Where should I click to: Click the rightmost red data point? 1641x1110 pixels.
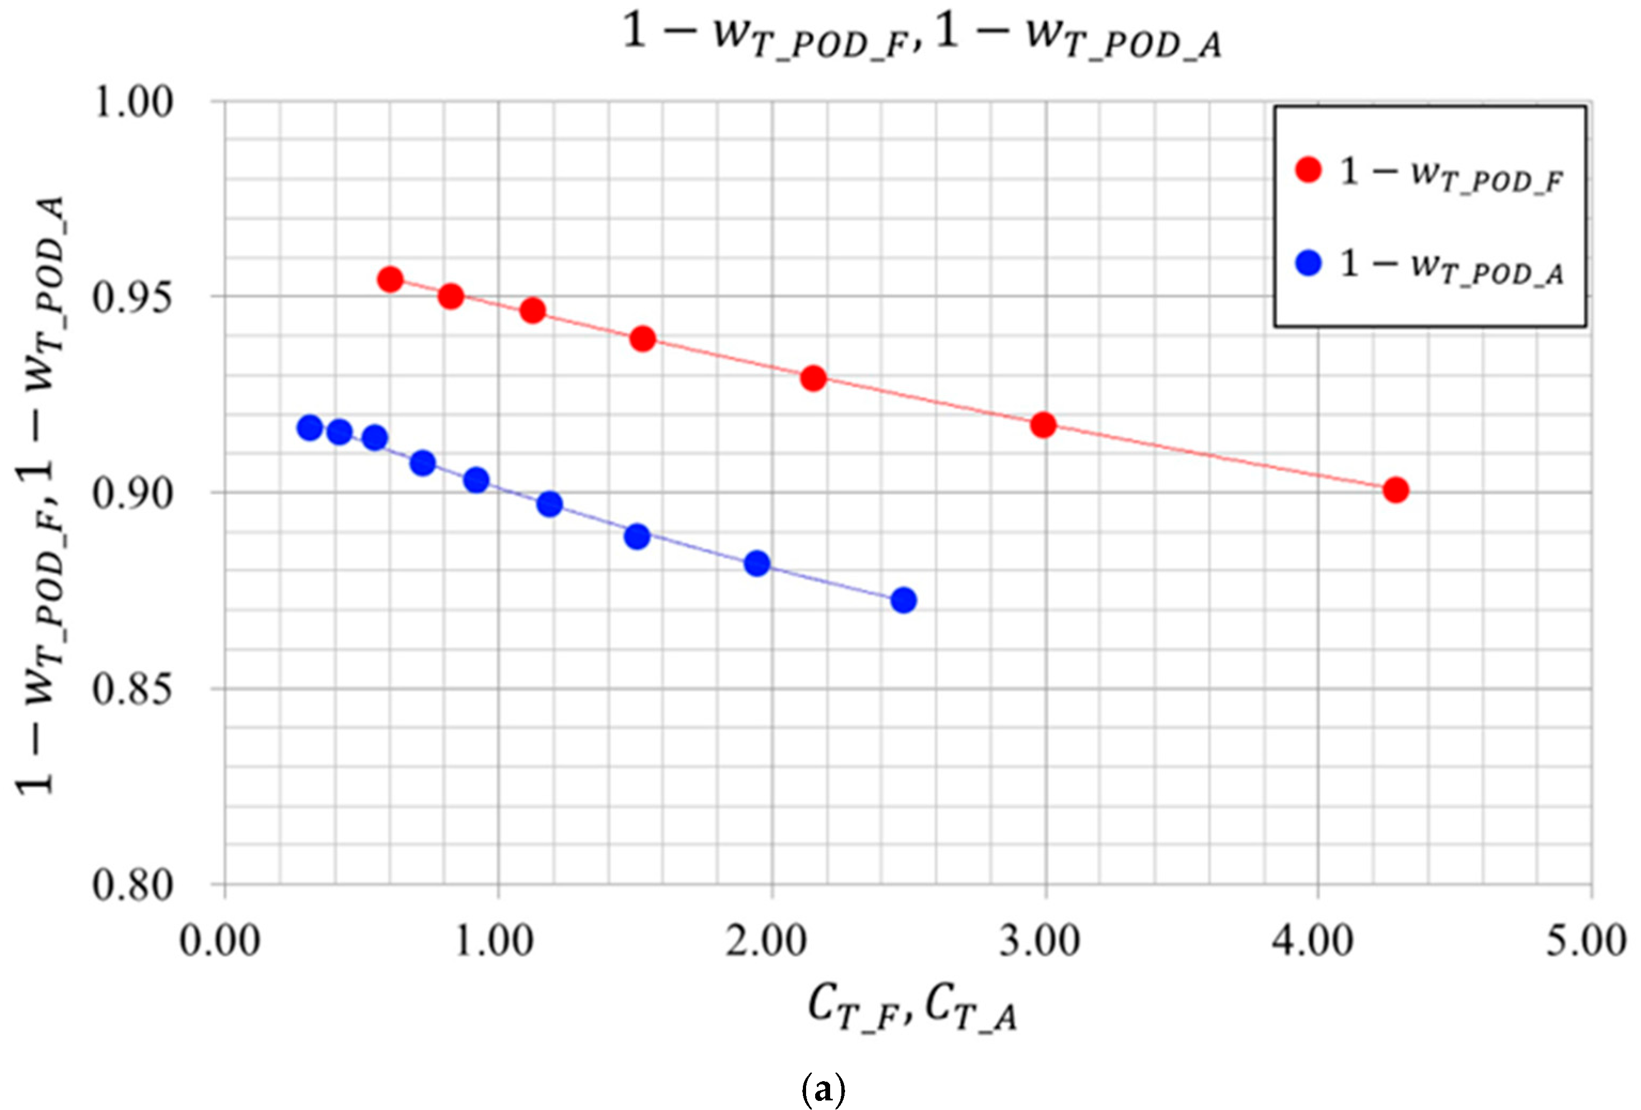point(1395,489)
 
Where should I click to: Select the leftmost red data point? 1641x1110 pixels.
point(390,279)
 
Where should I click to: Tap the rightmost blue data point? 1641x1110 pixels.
point(903,600)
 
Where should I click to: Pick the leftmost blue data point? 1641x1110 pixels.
point(309,427)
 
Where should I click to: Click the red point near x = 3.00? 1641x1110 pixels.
point(1043,425)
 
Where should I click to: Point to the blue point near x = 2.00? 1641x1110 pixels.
point(757,564)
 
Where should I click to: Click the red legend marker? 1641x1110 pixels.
point(1308,170)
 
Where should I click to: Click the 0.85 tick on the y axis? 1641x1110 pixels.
point(134,689)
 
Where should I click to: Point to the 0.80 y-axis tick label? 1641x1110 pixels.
point(134,885)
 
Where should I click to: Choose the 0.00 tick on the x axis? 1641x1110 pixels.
point(220,941)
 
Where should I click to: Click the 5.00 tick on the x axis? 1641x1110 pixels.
point(1586,941)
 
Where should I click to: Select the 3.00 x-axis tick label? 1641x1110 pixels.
point(1040,941)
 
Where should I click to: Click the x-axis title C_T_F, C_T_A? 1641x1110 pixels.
point(912,1007)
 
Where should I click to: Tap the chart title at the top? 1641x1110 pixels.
point(921,35)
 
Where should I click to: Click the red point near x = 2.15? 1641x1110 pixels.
point(814,379)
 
